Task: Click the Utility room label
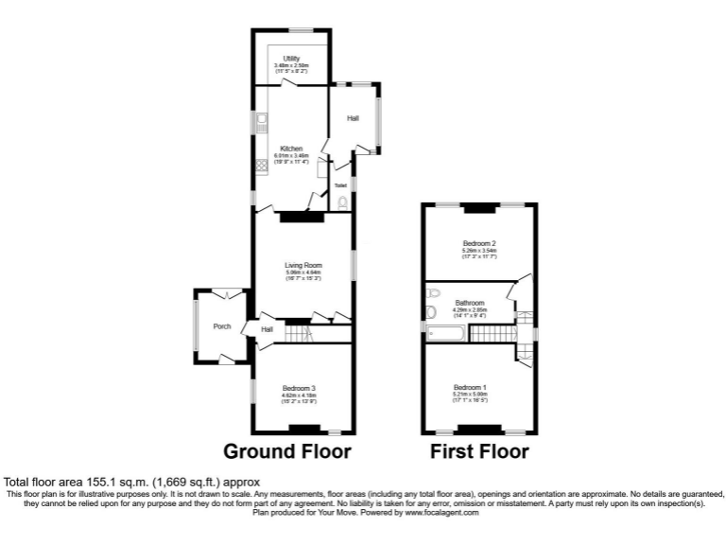pyautogui.click(x=292, y=59)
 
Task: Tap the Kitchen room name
pyautogui.click(x=290, y=149)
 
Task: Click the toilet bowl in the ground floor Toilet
pyautogui.click(x=342, y=202)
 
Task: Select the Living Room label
pyautogui.click(x=303, y=265)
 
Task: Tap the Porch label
pyautogui.click(x=222, y=326)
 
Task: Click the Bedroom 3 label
pyautogui.click(x=299, y=388)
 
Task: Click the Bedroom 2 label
pyautogui.click(x=479, y=243)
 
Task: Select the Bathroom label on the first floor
pyautogui.click(x=469, y=303)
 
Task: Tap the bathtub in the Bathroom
pyautogui.click(x=448, y=332)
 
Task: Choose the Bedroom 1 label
pyautogui.click(x=470, y=387)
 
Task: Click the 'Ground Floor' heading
pyautogui.click(x=286, y=451)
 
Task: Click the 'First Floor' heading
pyautogui.click(x=479, y=451)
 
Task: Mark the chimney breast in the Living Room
pyautogui.click(x=301, y=217)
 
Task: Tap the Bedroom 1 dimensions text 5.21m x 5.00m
pyautogui.click(x=470, y=394)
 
